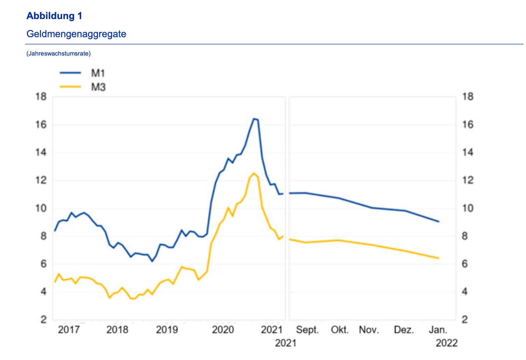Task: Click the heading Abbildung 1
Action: [54, 16]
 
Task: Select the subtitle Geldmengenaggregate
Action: [76, 34]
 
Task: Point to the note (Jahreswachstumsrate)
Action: [58, 54]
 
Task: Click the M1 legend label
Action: [98, 73]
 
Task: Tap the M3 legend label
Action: [98, 87]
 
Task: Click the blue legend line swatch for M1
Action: [70, 73]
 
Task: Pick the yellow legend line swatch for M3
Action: [70, 87]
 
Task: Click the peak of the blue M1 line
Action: [253, 119]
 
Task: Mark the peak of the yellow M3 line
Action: [253, 173]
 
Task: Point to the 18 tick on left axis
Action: [41, 97]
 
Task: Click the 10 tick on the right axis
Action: [468, 208]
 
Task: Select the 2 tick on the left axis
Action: [43, 320]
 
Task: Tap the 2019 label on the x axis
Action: [167, 330]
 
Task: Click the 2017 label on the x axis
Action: [69, 330]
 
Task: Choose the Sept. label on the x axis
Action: [307, 330]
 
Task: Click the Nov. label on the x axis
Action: [369, 330]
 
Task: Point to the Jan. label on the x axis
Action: [438, 330]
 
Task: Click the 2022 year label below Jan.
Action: [446, 343]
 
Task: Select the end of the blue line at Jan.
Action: [439, 222]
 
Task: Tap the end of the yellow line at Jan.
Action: [439, 258]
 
